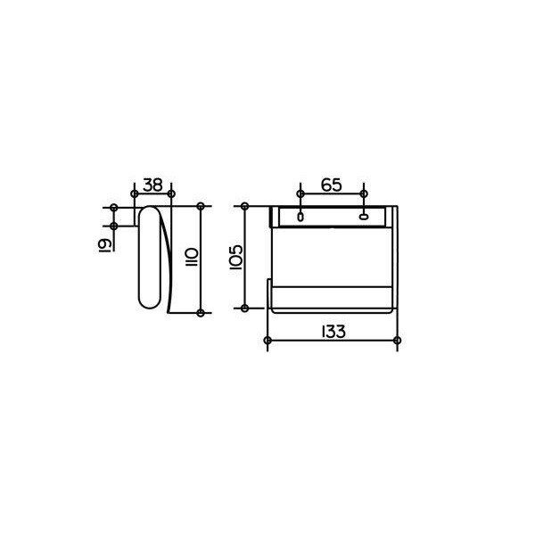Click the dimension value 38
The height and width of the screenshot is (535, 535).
coord(152,185)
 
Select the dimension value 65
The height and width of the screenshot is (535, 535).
coord(332,185)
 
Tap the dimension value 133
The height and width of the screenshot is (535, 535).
coord(333,332)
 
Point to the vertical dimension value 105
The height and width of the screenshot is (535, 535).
coord(236,258)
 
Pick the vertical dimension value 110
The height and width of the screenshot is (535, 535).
coord(192,258)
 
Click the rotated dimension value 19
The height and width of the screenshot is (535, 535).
coord(104,245)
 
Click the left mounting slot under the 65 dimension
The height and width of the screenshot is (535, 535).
coord(300,217)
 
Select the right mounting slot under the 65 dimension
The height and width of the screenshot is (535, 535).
coord(364,216)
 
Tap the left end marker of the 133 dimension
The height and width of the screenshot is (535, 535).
coord(267,341)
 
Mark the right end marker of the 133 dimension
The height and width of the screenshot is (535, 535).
coord(397,341)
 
